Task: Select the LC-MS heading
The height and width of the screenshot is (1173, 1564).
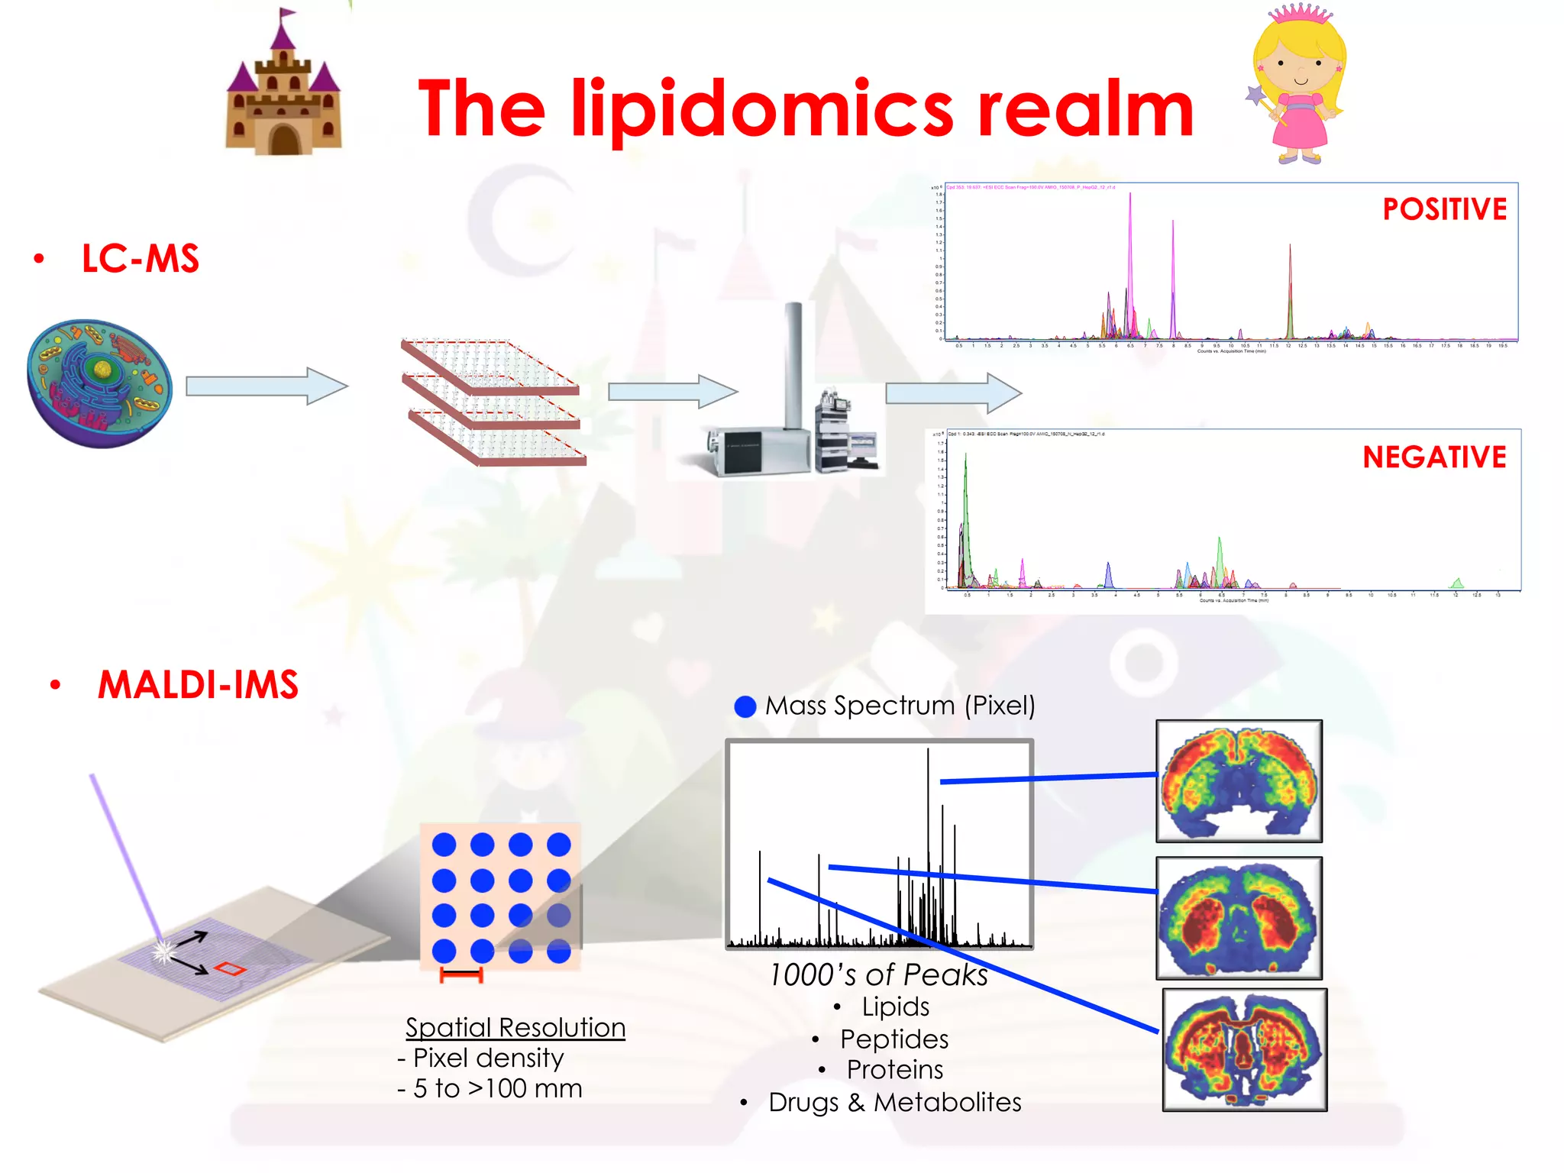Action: [141, 259]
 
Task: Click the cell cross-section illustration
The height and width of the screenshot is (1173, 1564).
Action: [99, 383]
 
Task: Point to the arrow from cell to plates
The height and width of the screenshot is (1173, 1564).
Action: [266, 386]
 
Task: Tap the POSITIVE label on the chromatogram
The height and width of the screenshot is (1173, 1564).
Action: [1444, 209]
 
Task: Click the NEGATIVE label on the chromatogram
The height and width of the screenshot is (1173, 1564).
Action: [1434, 457]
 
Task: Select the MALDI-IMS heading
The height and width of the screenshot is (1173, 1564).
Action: [198, 684]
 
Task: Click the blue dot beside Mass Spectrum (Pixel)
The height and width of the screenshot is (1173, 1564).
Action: [745, 706]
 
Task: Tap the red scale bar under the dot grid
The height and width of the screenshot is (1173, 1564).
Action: [461, 975]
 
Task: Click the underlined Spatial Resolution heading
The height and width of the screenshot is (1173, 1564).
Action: [515, 1027]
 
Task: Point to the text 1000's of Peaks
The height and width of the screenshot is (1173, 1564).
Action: [878, 975]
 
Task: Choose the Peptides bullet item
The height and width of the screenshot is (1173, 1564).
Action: [894, 1039]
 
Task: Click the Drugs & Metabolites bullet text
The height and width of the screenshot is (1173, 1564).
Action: [895, 1102]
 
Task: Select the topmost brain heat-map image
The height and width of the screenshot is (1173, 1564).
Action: [1239, 781]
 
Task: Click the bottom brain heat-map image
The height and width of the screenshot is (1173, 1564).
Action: [1245, 1049]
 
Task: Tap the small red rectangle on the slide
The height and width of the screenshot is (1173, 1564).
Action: [230, 969]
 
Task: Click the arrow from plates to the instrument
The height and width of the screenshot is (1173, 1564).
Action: [672, 392]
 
